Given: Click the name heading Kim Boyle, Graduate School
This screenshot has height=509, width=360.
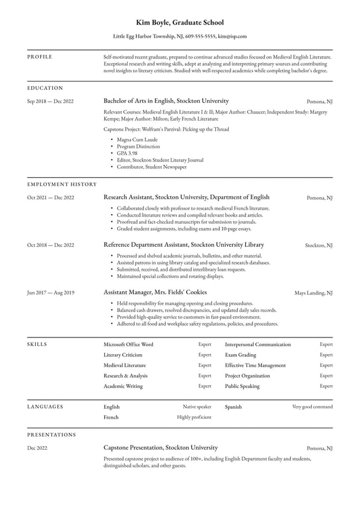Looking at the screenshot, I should [179, 23].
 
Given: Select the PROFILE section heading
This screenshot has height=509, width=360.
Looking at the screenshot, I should [40, 57].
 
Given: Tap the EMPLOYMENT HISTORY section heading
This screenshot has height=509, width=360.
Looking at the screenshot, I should [62, 184].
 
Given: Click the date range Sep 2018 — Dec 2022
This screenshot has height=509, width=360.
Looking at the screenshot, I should [51, 101].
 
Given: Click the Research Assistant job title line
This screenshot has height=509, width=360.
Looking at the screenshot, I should [186, 197].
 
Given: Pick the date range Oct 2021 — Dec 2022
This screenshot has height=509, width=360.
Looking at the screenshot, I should [51, 197].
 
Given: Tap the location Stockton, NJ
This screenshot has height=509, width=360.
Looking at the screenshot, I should [319, 245].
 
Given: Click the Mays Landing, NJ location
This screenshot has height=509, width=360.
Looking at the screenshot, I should [313, 292].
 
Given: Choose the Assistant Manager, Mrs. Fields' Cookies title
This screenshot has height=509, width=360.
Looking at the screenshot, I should [155, 292].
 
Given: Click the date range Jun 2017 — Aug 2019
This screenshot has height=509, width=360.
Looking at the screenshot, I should [51, 292].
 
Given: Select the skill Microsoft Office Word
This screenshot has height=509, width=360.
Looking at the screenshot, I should [128, 344].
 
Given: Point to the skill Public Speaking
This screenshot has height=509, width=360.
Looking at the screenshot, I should [242, 386].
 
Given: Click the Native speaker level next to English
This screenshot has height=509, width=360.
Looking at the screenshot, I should [197, 407].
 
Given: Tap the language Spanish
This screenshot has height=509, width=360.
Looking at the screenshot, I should [233, 407].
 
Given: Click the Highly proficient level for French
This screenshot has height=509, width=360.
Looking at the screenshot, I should [194, 418].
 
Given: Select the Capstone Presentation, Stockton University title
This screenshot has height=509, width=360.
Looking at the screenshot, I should [160, 448].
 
